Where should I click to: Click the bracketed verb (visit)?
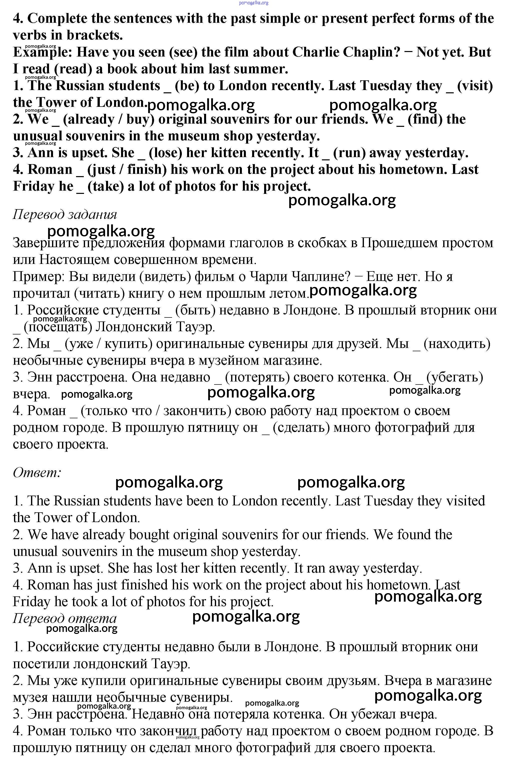(475, 86)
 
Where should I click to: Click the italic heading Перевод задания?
(65, 214)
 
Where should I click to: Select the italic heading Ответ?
(37, 473)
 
